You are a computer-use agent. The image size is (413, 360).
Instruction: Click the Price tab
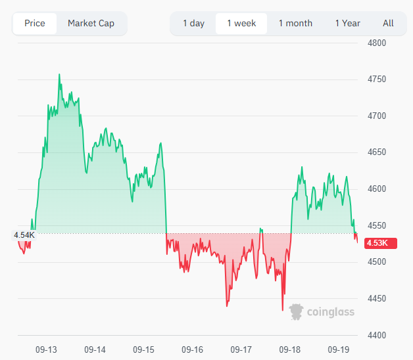tap(35, 23)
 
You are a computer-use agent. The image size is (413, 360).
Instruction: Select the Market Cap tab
tap(91, 23)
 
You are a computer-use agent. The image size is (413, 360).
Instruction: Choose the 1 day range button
tap(193, 23)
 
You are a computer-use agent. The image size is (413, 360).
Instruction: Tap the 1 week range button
tap(241, 23)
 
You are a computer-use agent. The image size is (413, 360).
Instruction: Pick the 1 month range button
tap(295, 23)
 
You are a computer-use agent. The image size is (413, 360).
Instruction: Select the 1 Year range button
tap(347, 23)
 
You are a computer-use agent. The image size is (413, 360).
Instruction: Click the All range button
tap(388, 23)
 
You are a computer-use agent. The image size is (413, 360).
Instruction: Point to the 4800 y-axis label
tap(376, 43)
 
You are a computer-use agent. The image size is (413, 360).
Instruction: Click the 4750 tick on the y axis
tap(376, 79)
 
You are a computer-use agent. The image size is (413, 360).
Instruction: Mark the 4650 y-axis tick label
tap(376, 152)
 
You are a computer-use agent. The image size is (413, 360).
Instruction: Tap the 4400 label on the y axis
tap(376, 335)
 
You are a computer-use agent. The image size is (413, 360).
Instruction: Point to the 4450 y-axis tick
tap(376, 298)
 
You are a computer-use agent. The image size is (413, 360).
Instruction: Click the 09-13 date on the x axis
tap(46, 349)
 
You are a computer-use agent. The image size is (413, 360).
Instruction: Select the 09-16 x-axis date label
tap(192, 349)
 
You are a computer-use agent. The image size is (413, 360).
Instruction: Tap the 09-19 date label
tap(338, 349)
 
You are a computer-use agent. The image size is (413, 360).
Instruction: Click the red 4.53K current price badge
tap(377, 243)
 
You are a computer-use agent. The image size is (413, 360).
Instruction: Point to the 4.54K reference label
tap(24, 234)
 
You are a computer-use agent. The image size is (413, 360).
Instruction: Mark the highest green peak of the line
tap(59, 75)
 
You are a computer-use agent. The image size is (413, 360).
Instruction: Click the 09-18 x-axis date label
tap(290, 349)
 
